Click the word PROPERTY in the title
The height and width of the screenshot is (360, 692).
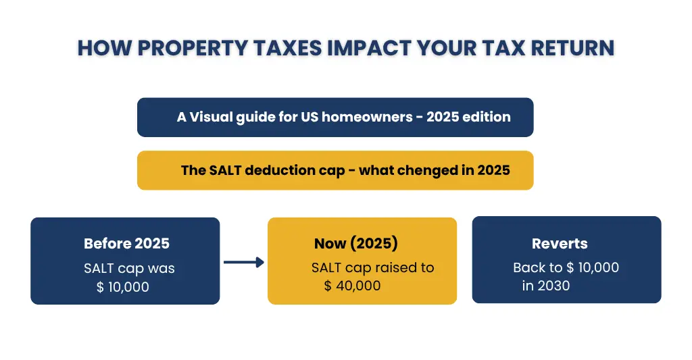(193, 48)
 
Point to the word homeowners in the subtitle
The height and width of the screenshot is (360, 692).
(367, 117)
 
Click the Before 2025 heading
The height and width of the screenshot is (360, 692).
(126, 244)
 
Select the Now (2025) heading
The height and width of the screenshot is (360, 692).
(355, 244)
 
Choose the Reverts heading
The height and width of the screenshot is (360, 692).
(560, 244)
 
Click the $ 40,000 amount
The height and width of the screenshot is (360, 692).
(352, 286)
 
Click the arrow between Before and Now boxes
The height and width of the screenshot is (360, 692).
(243, 263)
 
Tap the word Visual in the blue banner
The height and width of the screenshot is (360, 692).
(211, 117)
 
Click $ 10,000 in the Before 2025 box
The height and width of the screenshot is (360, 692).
(123, 287)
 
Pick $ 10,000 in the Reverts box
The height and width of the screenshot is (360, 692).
(593, 267)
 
